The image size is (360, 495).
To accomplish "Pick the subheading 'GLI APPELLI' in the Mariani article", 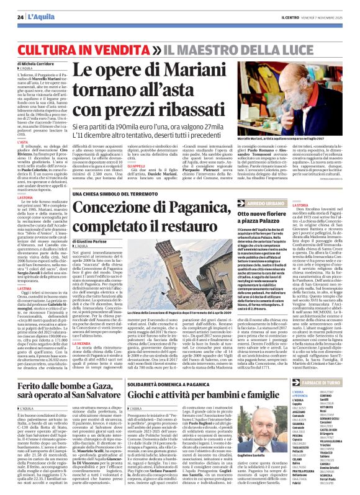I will (142, 164).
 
